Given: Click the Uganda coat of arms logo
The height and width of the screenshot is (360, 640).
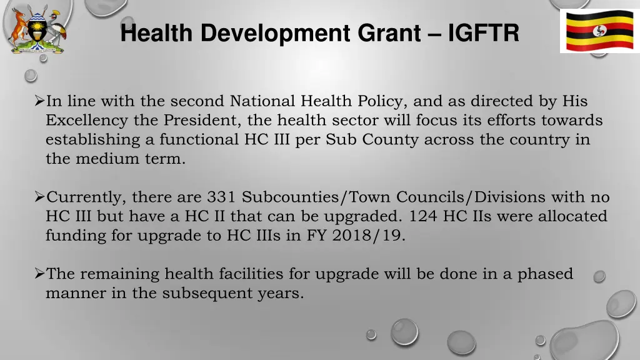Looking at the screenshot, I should [x=36, y=29].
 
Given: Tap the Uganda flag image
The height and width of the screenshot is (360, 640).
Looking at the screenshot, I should [x=599, y=31].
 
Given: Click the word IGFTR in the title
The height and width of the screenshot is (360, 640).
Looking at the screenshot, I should [x=483, y=33].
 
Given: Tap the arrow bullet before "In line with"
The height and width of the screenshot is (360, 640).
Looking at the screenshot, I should [x=39, y=101].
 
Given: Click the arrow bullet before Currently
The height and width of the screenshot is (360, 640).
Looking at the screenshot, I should [x=39, y=197].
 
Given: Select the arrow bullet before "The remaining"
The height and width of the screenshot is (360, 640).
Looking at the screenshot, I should [x=39, y=274].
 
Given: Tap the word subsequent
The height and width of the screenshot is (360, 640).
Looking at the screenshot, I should [x=207, y=292].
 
